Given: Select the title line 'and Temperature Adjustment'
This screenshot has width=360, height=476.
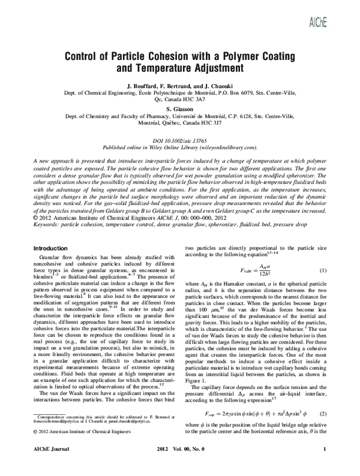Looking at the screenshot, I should pyautogui.click(x=180, y=69).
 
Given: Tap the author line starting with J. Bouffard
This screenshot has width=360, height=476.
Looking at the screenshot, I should pyautogui.click(x=180, y=87).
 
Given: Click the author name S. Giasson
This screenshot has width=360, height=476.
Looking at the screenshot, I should pyautogui.click(x=180, y=109).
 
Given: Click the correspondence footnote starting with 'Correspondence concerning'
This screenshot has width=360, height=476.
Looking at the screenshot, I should pyautogui.click(x=90, y=431).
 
